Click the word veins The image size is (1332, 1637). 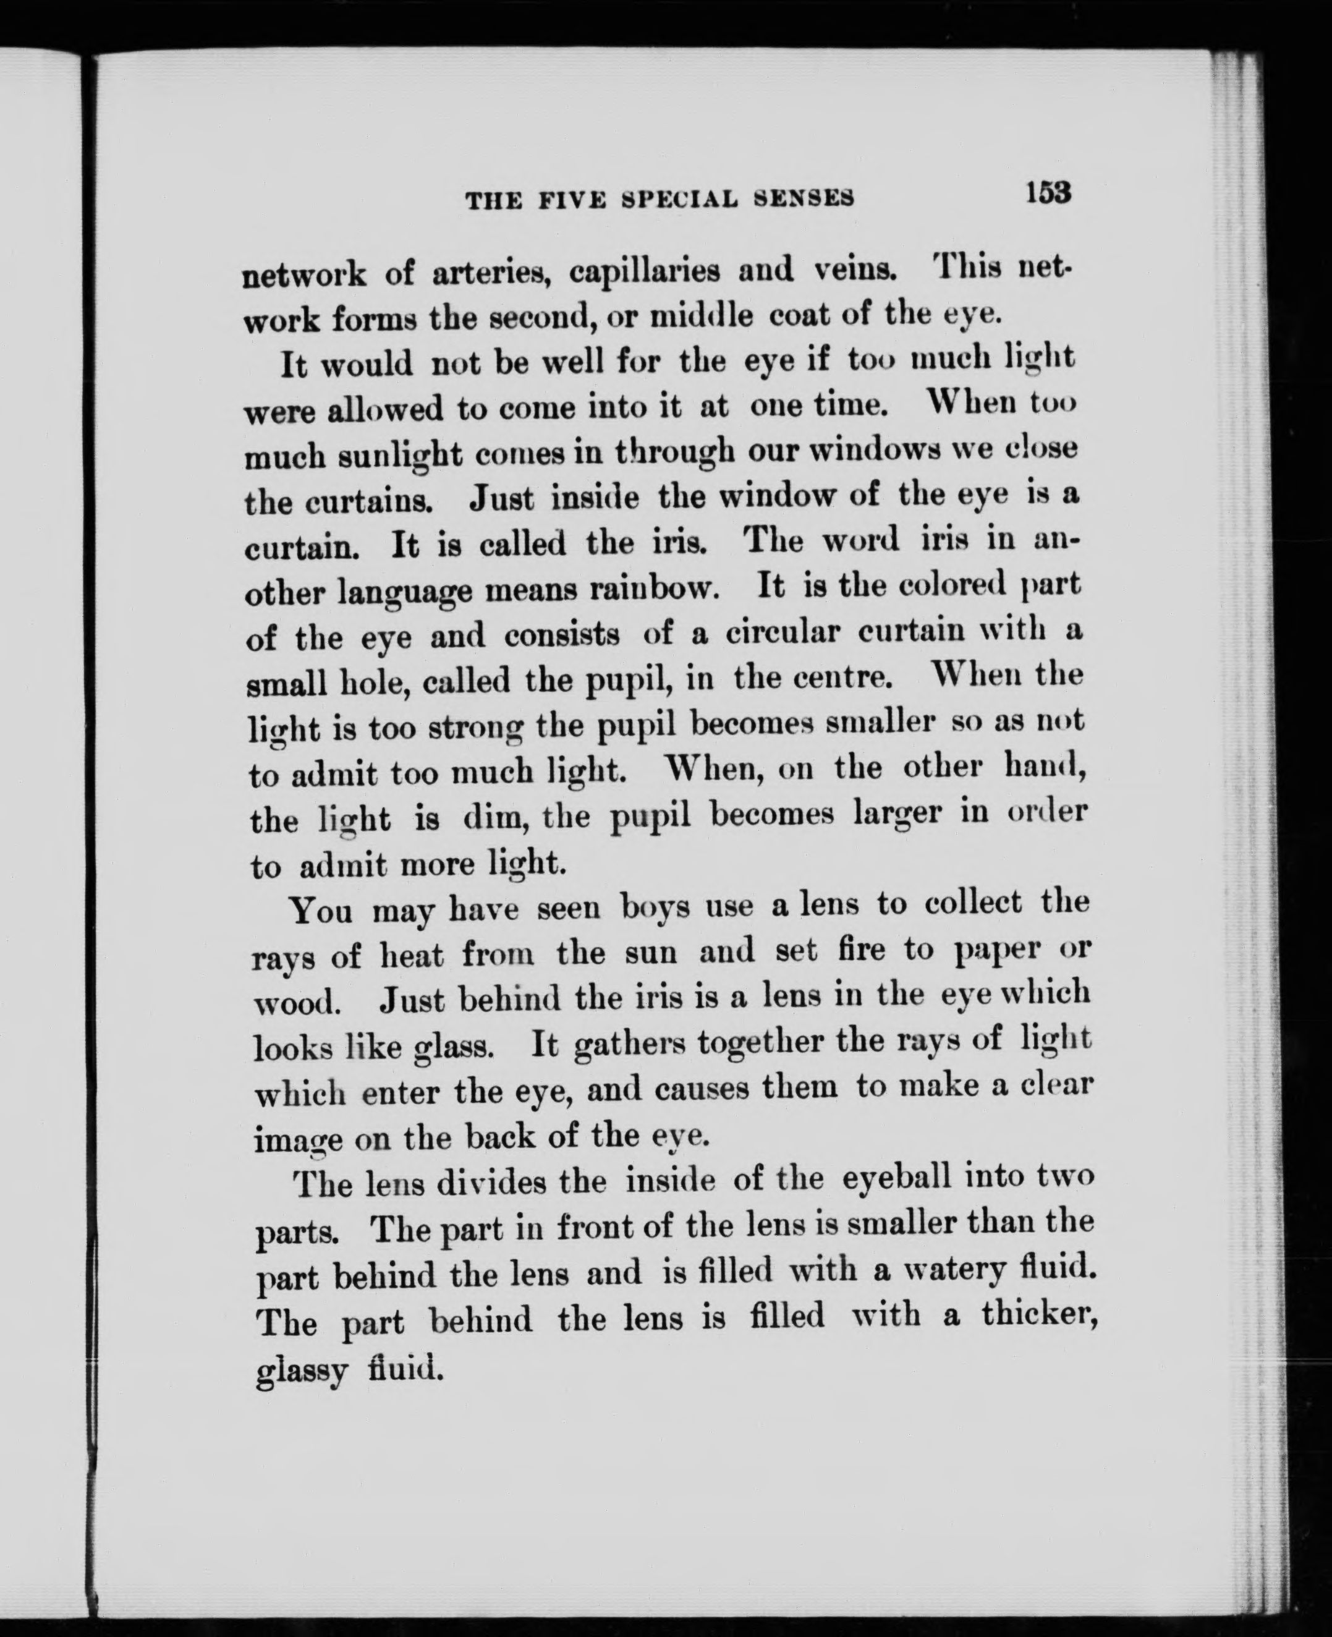click(852, 270)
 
